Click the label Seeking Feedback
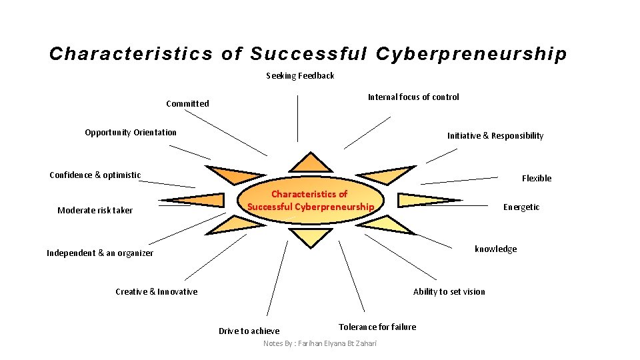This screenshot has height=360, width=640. (x=300, y=76)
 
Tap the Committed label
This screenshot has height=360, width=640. (x=187, y=103)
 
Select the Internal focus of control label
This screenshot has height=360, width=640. (x=413, y=97)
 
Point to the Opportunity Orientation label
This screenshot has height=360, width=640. (x=131, y=132)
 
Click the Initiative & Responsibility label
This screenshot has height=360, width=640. (x=495, y=136)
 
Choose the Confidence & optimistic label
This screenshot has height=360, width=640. (x=95, y=175)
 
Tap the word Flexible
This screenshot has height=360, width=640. (x=537, y=179)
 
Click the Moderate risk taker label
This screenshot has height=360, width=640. (x=95, y=211)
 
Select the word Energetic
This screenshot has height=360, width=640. (x=521, y=207)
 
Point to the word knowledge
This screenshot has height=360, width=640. (x=495, y=249)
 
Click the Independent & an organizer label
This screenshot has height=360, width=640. (x=100, y=253)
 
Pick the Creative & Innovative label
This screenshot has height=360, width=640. (x=157, y=292)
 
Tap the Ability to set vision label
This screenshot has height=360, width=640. (x=449, y=292)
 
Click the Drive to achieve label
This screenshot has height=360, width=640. (x=249, y=331)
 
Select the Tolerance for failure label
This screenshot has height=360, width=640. (x=377, y=327)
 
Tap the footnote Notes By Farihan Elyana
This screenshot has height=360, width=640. (x=320, y=343)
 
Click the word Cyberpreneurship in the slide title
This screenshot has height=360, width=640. (x=471, y=54)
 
